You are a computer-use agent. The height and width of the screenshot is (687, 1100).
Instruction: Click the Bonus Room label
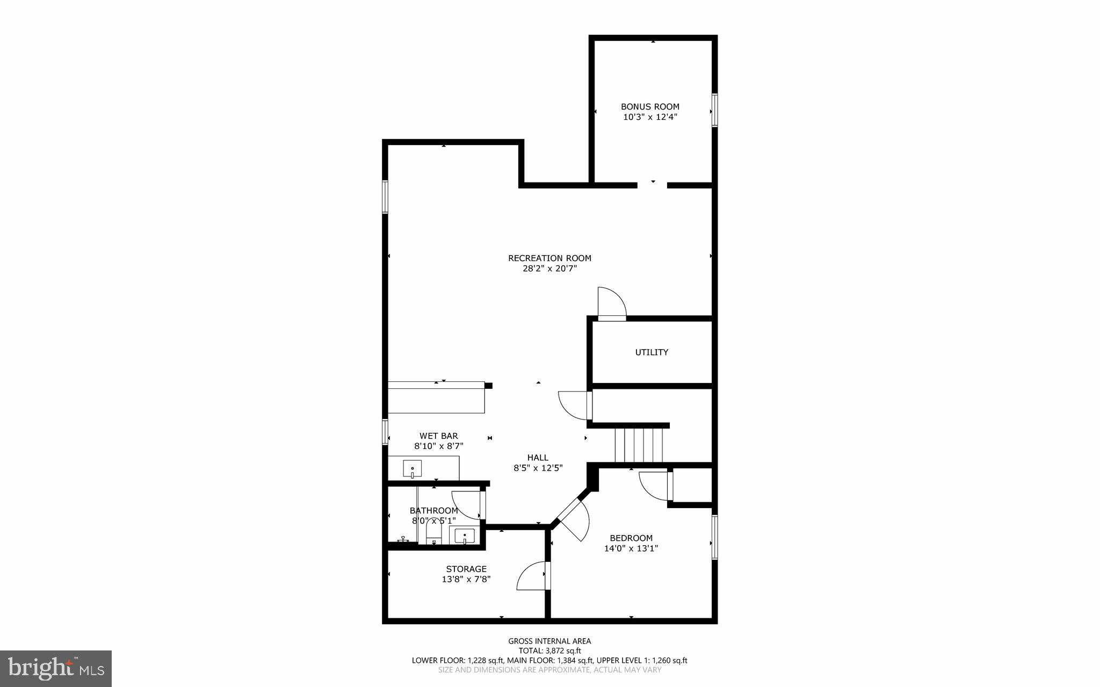[650, 107]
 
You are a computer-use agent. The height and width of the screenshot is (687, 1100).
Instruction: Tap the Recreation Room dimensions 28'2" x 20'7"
[549, 269]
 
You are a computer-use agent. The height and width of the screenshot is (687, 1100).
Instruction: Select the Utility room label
[652, 352]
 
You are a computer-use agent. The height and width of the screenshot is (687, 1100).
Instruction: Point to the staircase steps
[639, 445]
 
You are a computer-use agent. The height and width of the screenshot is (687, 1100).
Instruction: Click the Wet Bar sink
[412, 469]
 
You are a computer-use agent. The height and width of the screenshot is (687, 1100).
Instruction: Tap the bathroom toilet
[433, 533]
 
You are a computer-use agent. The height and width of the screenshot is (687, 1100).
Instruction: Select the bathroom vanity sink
[464, 536]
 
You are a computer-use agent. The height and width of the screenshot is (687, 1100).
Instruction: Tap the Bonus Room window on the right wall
[715, 110]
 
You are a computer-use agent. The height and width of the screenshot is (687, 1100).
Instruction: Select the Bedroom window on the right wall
[715, 537]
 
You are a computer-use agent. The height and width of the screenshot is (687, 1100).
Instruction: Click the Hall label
[538, 458]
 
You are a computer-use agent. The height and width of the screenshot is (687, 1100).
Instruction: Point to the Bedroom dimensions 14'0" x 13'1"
[631, 548]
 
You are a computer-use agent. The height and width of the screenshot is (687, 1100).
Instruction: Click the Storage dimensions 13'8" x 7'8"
[466, 579]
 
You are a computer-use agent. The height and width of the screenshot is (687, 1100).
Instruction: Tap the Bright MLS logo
[56, 668]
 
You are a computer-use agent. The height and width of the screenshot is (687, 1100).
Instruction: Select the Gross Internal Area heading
[549, 641]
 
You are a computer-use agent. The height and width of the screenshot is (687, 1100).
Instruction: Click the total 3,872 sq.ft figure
[549, 651]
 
